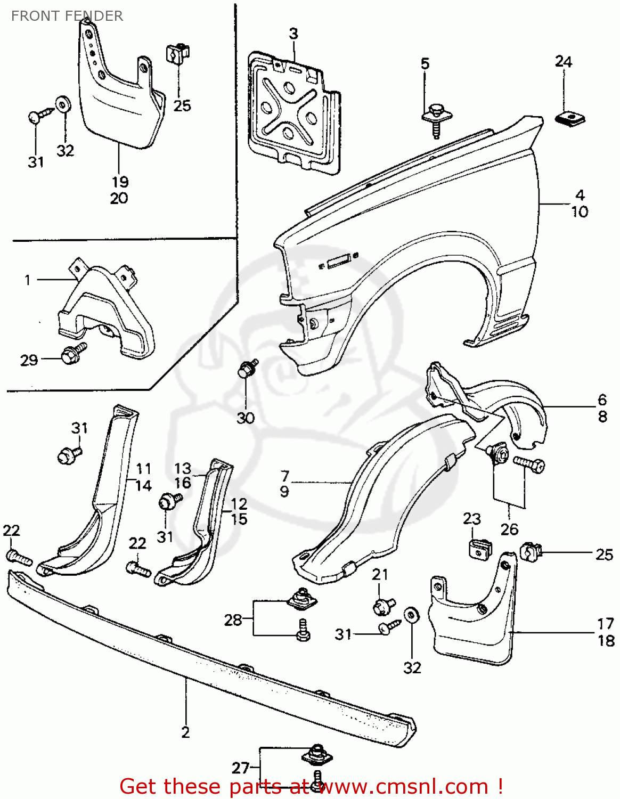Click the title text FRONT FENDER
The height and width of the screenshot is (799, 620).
tap(67, 16)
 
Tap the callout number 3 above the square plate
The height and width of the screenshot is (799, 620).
tap(293, 34)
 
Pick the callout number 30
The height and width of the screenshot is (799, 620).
tap(246, 418)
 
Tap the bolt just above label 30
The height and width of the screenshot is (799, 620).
tap(247, 369)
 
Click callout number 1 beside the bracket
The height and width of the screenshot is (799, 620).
tap(28, 280)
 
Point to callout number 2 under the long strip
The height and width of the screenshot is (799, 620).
tap(185, 732)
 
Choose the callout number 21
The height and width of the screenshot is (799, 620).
tap(380, 575)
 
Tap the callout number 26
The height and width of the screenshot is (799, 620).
tap(509, 529)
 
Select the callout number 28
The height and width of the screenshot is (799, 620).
tap(233, 620)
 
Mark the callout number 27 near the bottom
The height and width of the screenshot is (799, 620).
tap(240, 768)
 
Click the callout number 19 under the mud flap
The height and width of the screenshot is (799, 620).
tap(119, 182)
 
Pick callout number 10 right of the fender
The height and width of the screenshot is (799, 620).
tap(580, 212)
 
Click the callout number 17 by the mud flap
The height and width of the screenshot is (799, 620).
tap(606, 623)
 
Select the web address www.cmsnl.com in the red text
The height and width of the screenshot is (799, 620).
tap(404, 786)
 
